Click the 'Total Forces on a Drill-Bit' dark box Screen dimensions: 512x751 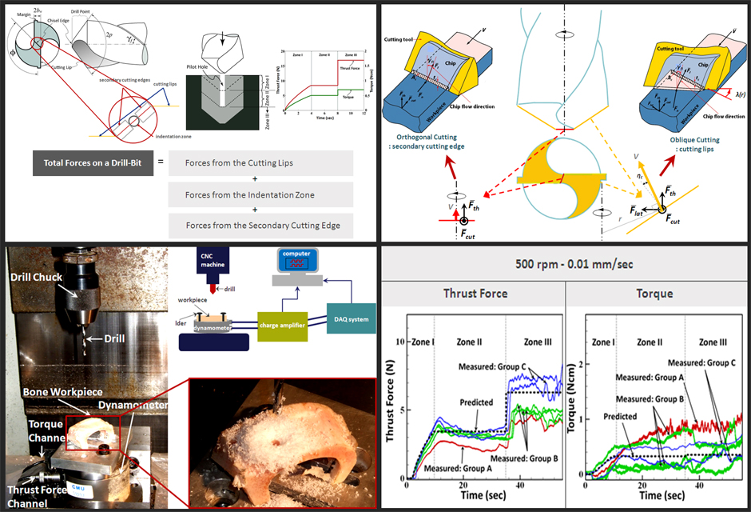pos(89,163)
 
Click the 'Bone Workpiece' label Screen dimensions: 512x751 pos(69,391)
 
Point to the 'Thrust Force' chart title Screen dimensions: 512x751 pos(475,294)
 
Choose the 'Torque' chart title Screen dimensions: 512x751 pos(656,294)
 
